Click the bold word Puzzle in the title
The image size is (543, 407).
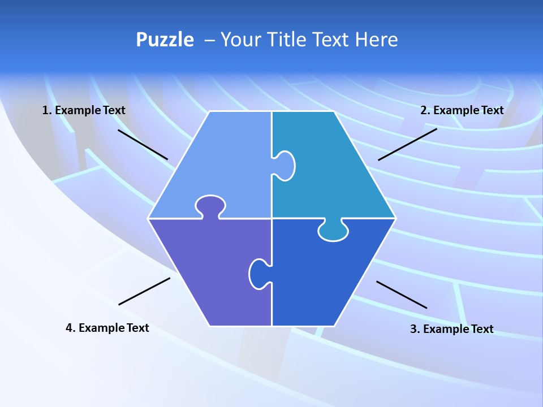tap(165, 40)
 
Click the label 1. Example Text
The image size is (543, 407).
tap(84, 110)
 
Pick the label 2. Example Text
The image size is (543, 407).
tap(462, 110)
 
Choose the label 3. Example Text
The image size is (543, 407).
tap(451, 329)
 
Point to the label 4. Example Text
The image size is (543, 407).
tap(107, 328)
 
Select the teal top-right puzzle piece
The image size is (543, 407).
tap(334, 170)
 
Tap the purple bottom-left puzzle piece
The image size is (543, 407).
tap(209, 271)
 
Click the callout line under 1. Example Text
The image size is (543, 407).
tap(143, 145)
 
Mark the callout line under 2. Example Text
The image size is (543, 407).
tap(407, 144)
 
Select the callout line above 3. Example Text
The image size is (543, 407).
tap(402, 295)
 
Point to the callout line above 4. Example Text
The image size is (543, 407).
tap(144, 291)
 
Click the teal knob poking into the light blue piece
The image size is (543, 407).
tap(285, 166)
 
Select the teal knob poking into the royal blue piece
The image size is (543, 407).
tap(333, 231)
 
